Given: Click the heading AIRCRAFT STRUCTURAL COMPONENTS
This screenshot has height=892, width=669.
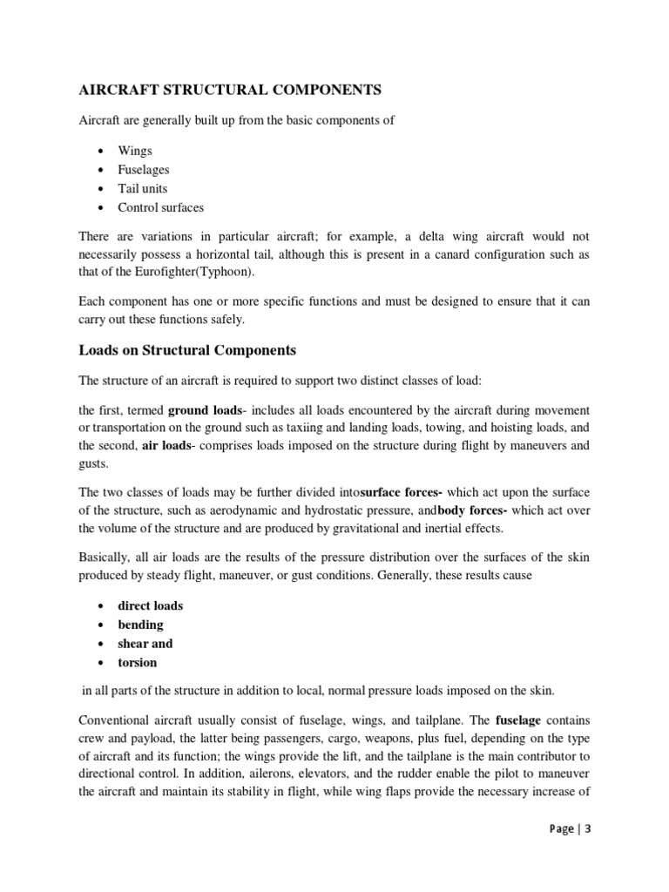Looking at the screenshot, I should tap(231, 90).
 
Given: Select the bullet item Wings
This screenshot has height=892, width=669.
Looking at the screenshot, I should tap(135, 151).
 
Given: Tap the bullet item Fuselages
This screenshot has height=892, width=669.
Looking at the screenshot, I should tap(144, 170).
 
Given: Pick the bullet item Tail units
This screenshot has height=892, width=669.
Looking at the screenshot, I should tap(143, 189).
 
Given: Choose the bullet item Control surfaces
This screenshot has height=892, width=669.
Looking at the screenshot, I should tap(161, 207).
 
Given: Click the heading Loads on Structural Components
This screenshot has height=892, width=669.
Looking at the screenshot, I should tap(187, 350).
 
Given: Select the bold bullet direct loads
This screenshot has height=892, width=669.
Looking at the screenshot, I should tap(151, 605).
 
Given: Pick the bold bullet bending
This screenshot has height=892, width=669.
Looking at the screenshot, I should tap(140, 625).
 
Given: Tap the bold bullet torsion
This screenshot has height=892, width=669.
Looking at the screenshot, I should tap(138, 662).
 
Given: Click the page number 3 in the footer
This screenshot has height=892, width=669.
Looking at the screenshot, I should tap(588, 829).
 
